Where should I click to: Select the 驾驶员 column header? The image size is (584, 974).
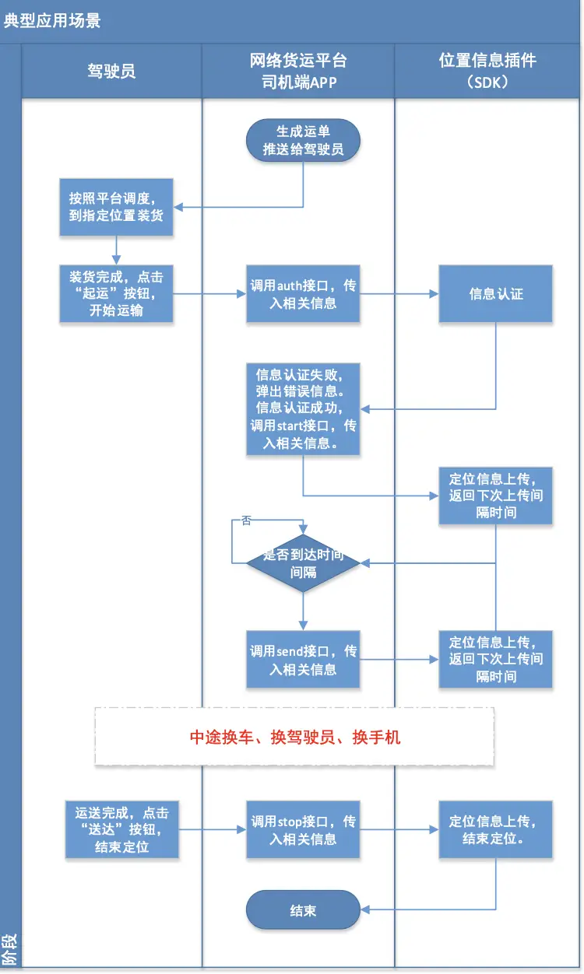[x=111, y=71]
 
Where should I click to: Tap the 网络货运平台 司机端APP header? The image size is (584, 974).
[x=298, y=71]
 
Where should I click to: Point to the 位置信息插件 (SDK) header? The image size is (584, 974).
[x=487, y=71]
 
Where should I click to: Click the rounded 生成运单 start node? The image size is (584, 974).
[x=303, y=140]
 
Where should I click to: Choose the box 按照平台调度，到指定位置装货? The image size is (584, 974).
[x=116, y=208]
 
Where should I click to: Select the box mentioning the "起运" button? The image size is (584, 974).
[x=116, y=294]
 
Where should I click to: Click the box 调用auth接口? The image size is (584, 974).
[x=303, y=294]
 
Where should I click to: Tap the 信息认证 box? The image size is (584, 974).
[x=495, y=294]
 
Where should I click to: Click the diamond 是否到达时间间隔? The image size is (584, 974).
[x=303, y=564]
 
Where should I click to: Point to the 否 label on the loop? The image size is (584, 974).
[x=246, y=520]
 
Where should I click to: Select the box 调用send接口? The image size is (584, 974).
[x=303, y=660]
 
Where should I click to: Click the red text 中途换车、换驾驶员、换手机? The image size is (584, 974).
[x=295, y=737]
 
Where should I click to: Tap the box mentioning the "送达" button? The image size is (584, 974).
[x=121, y=829]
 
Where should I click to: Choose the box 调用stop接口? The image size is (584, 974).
[x=303, y=829]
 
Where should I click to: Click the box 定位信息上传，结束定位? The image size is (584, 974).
[x=495, y=829]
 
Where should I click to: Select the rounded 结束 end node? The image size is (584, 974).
[x=303, y=910]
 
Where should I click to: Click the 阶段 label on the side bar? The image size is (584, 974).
[x=9, y=950]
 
